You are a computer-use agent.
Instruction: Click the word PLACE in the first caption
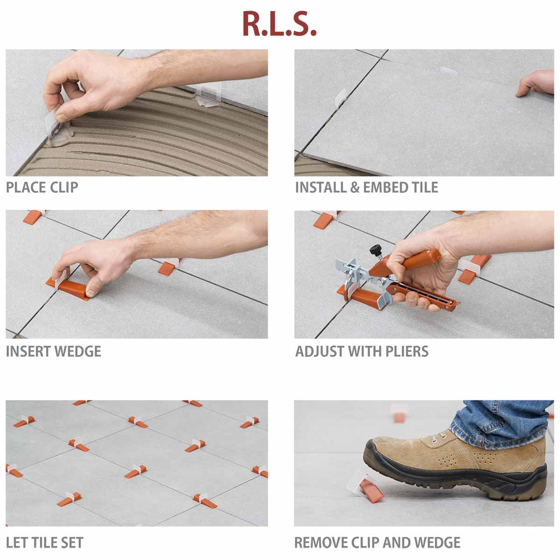pos(26,188)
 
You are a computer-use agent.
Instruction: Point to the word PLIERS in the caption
pos(405,351)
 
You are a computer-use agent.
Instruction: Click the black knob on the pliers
pos(374,250)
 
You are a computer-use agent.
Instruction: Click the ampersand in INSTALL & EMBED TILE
pos(355,188)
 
